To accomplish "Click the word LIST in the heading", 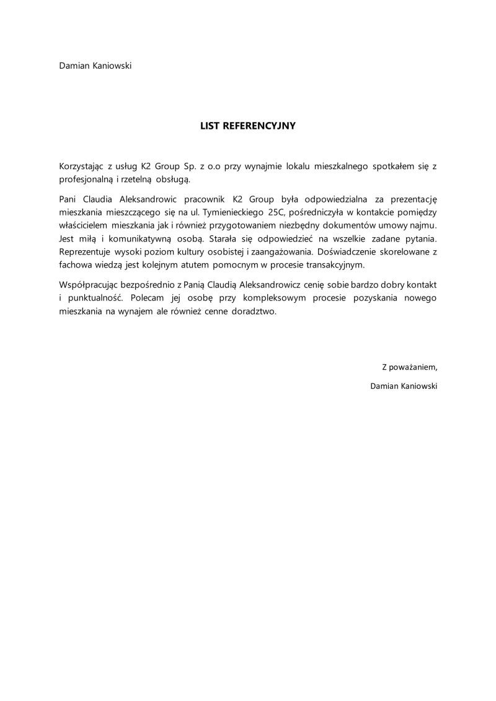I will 210,126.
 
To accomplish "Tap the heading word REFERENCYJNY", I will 259,126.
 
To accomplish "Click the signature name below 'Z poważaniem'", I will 403,386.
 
